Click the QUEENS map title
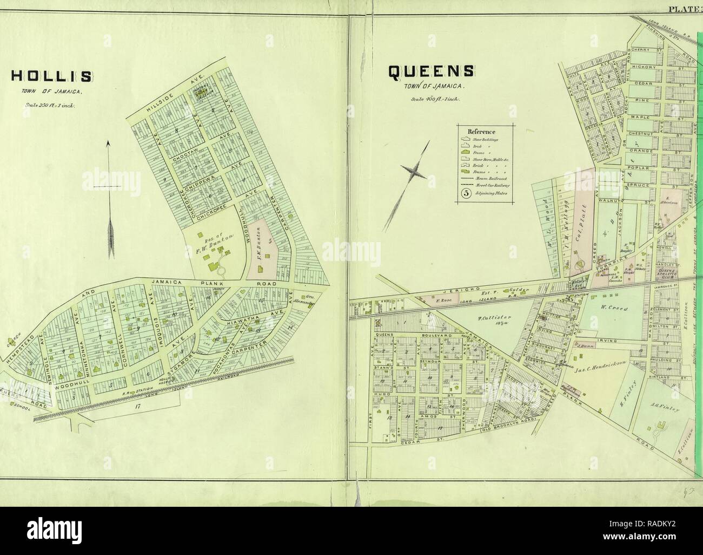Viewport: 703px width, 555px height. pos(431,71)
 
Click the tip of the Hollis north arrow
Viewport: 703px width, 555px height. pos(109,142)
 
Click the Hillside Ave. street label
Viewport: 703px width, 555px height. pos(169,101)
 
